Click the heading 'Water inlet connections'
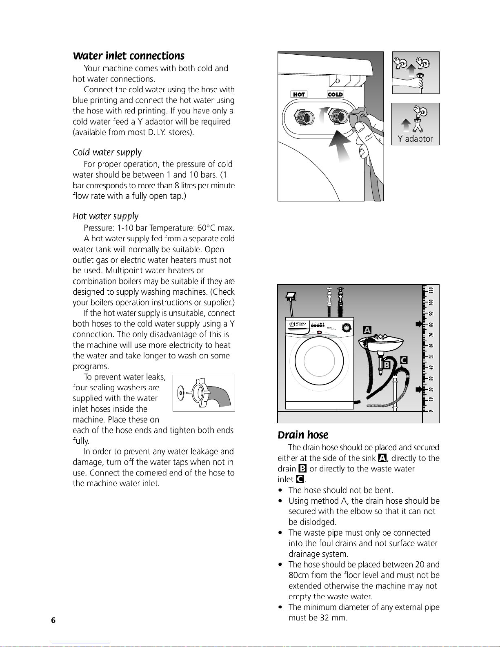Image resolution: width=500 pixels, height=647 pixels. click(129, 56)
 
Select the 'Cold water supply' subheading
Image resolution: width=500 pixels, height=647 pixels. click(107, 152)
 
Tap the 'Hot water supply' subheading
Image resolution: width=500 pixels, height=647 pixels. click(105, 216)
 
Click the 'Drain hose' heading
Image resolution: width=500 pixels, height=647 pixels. click(303, 435)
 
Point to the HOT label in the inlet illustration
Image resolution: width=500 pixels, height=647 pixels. click(299, 95)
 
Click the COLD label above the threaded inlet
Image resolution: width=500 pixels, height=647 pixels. click(335, 95)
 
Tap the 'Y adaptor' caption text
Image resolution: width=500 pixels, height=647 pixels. click(415, 139)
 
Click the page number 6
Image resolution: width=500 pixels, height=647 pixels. click(53, 620)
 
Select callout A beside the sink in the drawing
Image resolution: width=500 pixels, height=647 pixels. click(367, 330)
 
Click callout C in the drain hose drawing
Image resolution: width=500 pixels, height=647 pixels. click(404, 360)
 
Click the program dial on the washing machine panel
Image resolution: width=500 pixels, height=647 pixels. click(346, 327)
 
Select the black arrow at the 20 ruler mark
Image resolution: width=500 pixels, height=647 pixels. click(418, 389)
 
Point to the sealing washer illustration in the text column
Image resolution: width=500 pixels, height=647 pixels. click(203, 393)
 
